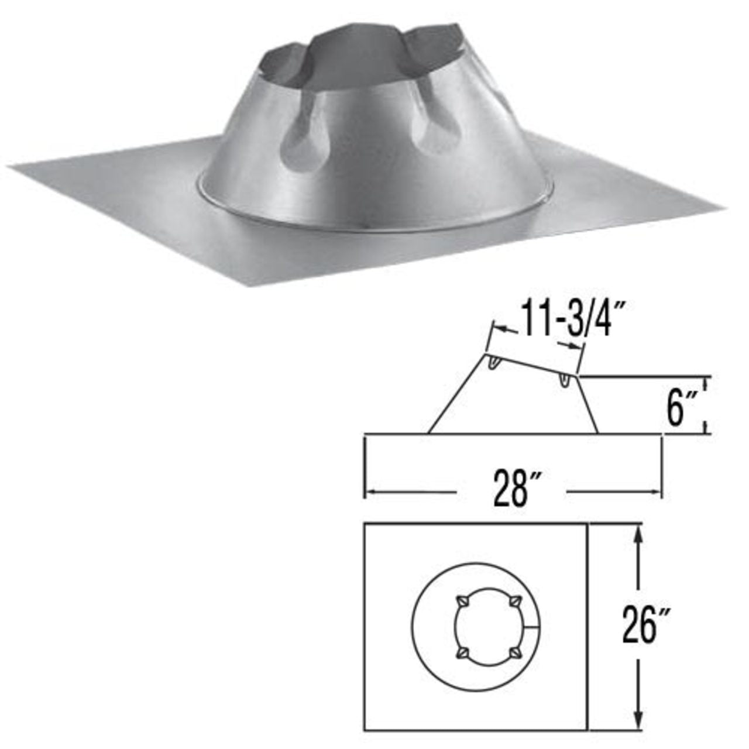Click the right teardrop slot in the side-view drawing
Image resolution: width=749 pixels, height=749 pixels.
(x=565, y=380)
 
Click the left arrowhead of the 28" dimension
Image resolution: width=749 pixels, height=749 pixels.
(x=370, y=492)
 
